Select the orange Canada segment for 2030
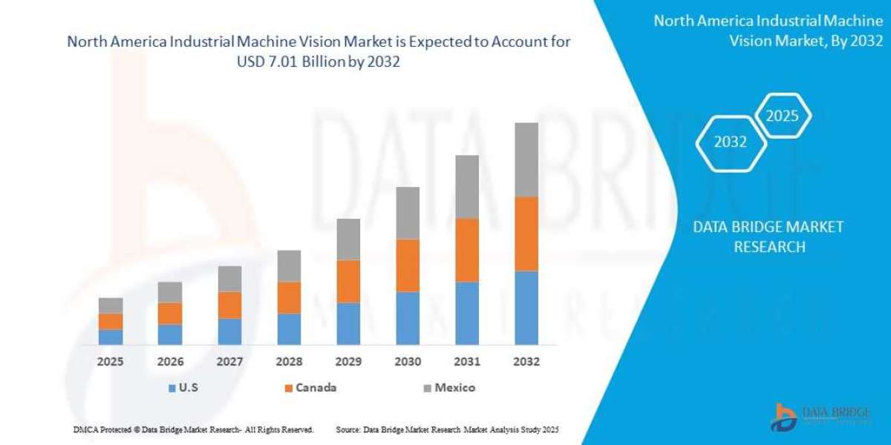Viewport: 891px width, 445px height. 408,265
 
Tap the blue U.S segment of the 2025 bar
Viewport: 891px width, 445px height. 111,337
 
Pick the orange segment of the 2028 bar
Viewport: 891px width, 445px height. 289,297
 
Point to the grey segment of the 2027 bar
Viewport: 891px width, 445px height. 229,279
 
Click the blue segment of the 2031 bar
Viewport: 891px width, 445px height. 466,313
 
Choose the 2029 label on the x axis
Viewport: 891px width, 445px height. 348,363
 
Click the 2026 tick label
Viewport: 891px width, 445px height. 170,363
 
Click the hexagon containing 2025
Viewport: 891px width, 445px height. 781,116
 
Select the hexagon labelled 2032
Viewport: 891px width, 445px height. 730,142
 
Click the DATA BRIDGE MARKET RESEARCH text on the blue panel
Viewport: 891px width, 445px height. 768,237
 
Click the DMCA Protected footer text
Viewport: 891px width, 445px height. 193,429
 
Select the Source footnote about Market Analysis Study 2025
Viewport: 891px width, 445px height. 447,429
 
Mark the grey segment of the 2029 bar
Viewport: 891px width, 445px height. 348,239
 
